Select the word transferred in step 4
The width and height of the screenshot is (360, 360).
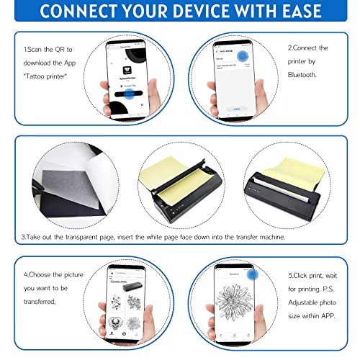pos(45,302)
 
